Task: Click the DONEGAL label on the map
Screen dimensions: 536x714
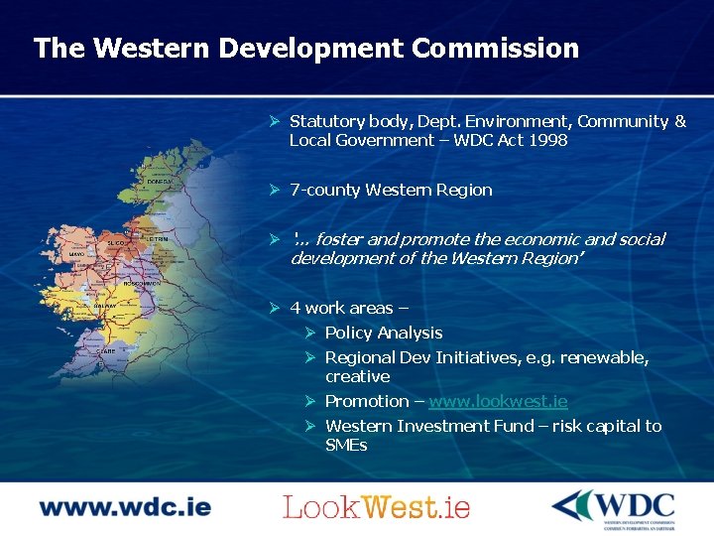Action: pos(159,183)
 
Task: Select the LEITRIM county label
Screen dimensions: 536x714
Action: pos(157,239)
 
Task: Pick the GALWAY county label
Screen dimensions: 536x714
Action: pos(106,307)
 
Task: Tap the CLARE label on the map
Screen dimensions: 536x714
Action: pos(106,351)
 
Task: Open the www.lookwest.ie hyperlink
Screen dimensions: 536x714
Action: pos(498,401)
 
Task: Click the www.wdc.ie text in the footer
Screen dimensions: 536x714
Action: pos(125,507)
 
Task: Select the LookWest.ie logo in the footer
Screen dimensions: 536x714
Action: pos(376,507)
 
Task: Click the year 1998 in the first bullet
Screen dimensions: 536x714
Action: pos(547,140)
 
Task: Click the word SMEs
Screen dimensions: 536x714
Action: pos(346,445)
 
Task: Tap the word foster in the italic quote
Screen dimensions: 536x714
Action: pos(338,239)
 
